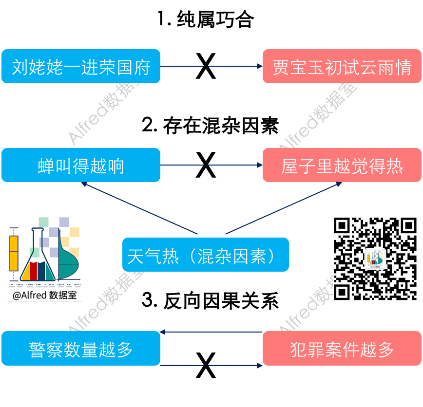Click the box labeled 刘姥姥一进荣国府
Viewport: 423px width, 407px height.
point(81,67)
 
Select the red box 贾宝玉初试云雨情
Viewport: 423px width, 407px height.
point(342,67)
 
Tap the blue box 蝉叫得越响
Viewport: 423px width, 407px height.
point(81,166)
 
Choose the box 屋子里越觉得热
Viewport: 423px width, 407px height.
point(342,166)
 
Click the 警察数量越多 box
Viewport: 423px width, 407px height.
point(81,349)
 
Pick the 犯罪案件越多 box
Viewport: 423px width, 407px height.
point(342,349)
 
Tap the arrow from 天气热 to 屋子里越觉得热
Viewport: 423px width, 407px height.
point(283,208)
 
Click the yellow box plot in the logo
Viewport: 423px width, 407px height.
point(14,253)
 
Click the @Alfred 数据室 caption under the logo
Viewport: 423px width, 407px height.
point(45,295)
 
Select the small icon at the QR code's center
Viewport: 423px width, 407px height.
point(375,259)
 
